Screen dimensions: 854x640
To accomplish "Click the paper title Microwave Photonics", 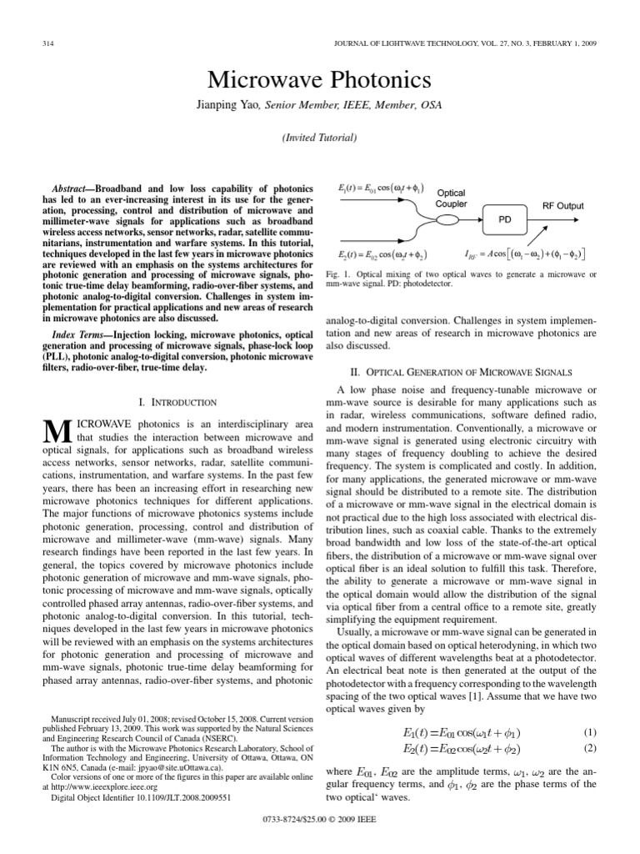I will coord(319,80).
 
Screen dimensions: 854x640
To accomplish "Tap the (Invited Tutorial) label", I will coord(319,137).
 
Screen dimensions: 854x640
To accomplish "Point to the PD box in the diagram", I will coord(504,220).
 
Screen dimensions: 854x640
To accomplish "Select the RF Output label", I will coord(563,205).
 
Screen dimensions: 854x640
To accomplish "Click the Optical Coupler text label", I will coord(451,198).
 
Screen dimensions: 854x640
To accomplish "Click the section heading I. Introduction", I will coord(177,402).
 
